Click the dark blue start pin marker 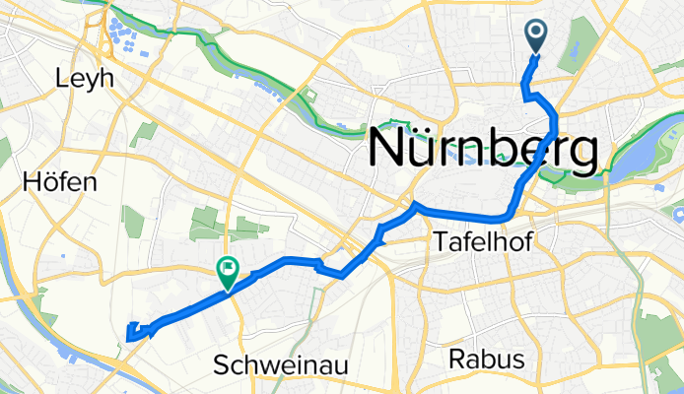tap(536, 36)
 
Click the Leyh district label tap(86, 78)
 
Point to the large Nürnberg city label tap(482, 151)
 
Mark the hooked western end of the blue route tap(131, 333)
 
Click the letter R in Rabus tap(456, 360)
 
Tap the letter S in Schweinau tap(221, 366)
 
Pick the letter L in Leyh tap(64, 78)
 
